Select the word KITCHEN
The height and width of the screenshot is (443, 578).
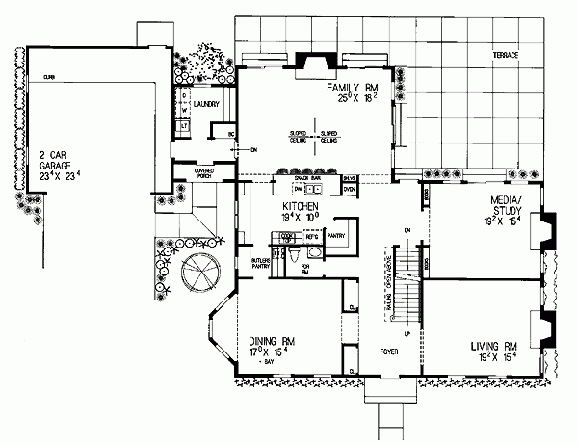pos(301,206)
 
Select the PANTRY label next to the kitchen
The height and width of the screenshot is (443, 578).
pos(336,234)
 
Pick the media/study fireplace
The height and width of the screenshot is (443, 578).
pos(546,224)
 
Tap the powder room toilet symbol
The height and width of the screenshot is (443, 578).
pos(278,255)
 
